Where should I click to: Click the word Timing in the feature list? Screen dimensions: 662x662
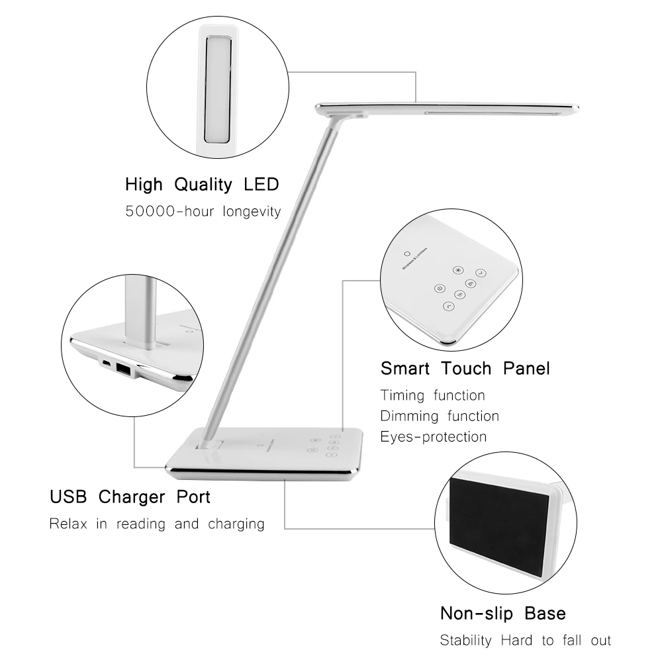tap(402, 396)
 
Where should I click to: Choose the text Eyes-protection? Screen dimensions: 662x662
tap(434, 437)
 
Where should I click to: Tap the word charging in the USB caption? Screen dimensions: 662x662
tap(232, 524)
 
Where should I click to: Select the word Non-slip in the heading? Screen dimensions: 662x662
tap(477, 613)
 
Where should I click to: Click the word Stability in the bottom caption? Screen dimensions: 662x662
tap(466, 640)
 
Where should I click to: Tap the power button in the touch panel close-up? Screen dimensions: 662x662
tap(438, 288)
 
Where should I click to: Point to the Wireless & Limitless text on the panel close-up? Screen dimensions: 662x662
tap(415, 259)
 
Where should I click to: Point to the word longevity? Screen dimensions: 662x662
tap(252, 212)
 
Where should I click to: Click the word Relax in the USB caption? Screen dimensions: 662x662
tap(70, 524)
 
